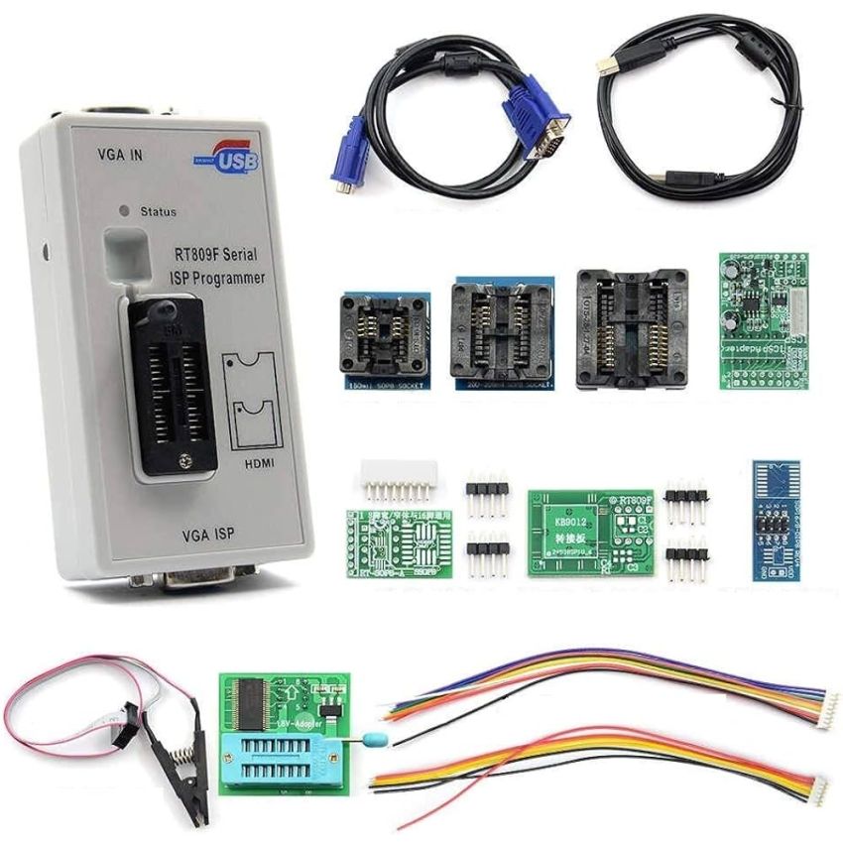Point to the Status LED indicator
tap(123, 211)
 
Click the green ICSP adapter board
tap(763, 319)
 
